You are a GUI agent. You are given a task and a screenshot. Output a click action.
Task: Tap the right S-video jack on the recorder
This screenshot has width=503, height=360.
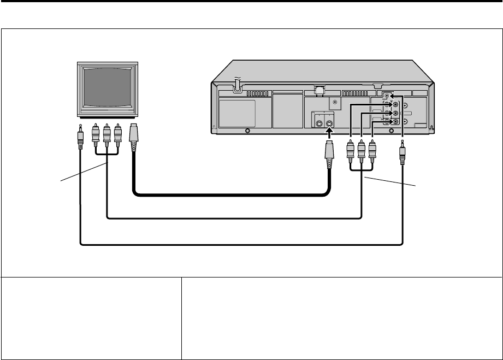coord(329,123)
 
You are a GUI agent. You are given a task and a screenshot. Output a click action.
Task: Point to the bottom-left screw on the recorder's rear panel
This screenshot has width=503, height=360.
coord(248,131)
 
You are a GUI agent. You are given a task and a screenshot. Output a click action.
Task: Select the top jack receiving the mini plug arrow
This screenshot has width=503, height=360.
coord(387,96)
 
